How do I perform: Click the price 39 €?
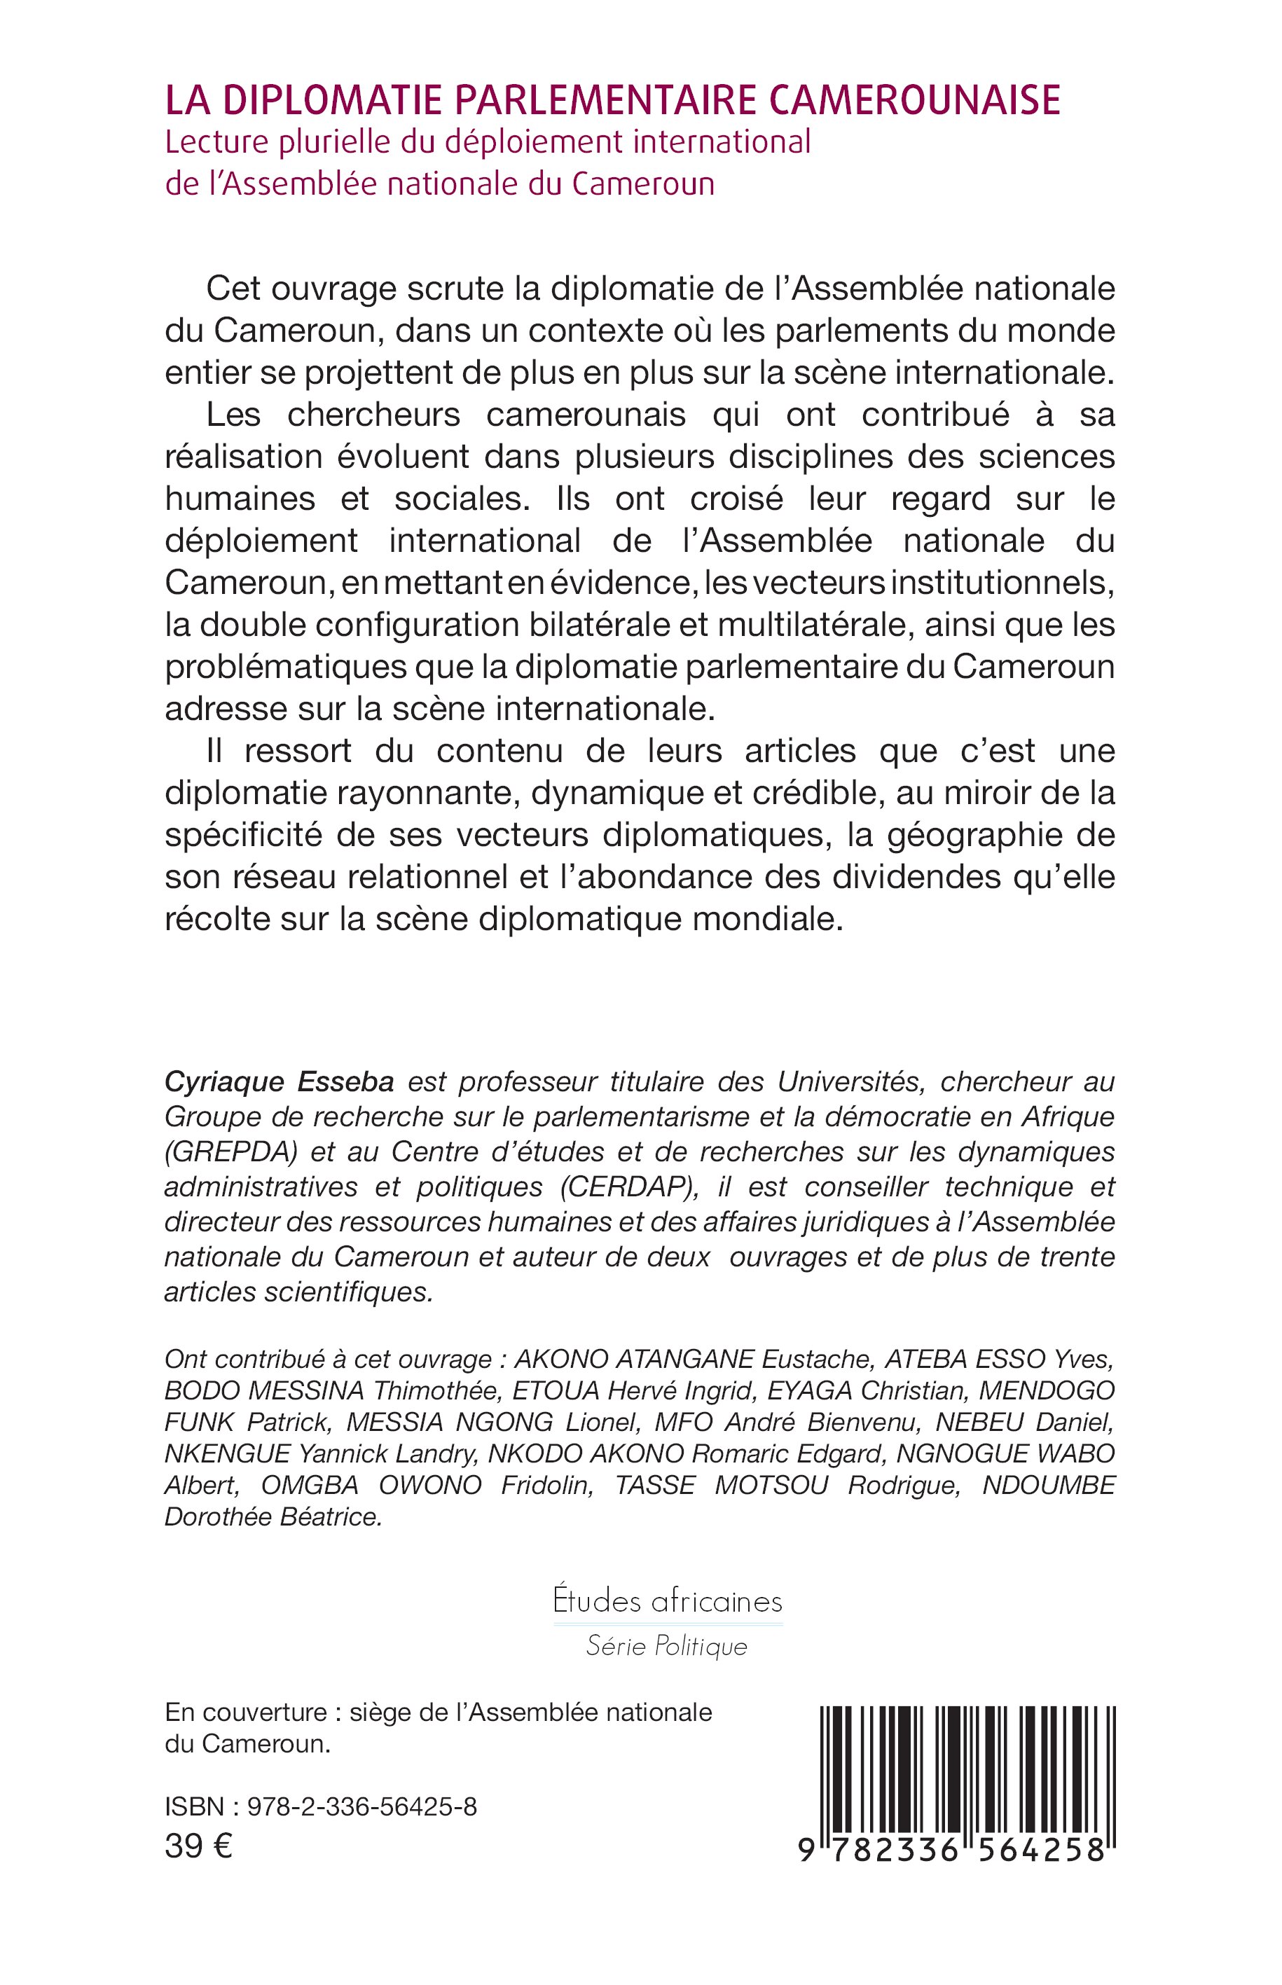click(198, 1846)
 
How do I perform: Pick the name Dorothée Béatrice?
click(273, 1517)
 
